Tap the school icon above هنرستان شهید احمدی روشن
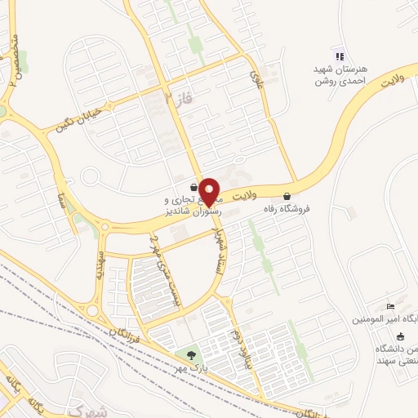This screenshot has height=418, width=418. [338, 56]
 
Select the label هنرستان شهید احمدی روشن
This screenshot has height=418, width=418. [342, 75]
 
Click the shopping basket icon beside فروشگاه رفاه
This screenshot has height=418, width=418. [287, 196]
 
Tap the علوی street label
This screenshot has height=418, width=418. [256, 78]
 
